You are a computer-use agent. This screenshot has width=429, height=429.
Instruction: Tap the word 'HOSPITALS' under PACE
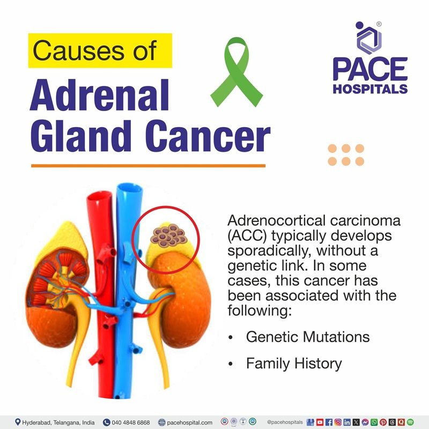(x=370, y=88)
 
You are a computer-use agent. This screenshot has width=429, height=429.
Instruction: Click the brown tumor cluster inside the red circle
(x=167, y=234)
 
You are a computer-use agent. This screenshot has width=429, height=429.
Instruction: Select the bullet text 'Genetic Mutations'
(x=307, y=337)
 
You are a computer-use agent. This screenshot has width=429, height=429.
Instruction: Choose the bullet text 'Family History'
(x=293, y=364)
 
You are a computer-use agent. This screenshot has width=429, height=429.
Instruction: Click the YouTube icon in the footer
(x=320, y=422)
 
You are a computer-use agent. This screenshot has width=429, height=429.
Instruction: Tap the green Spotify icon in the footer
(x=411, y=422)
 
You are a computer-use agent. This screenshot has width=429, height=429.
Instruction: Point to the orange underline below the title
(x=148, y=166)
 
